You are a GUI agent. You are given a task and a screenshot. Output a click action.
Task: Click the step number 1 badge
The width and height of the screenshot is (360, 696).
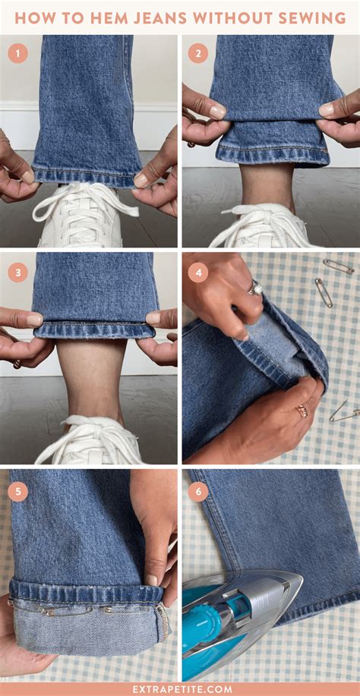click(x=17, y=53)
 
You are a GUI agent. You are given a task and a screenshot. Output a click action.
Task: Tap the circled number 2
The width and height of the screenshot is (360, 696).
click(x=197, y=53)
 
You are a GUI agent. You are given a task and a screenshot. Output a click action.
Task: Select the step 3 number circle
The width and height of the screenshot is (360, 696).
click(x=17, y=272)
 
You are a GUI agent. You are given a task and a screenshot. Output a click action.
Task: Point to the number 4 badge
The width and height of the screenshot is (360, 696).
click(x=197, y=272)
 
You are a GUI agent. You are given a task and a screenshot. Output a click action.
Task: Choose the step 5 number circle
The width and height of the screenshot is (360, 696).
click(x=17, y=491)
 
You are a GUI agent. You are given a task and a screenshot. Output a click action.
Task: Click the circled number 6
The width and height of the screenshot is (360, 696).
click(x=197, y=491)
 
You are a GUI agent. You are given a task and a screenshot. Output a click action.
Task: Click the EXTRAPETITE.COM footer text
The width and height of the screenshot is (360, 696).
click(x=180, y=688)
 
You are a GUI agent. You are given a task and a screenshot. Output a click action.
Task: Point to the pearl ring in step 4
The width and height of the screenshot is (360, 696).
click(x=256, y=288)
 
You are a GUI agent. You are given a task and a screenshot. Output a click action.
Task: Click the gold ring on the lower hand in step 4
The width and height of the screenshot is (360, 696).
click(x=302, y=411)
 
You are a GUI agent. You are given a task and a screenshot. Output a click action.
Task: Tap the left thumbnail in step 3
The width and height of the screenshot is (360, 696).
click(x=35, y=320)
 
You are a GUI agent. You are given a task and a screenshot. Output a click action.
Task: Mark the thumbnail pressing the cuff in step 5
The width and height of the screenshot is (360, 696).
click(x=151, y=580)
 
